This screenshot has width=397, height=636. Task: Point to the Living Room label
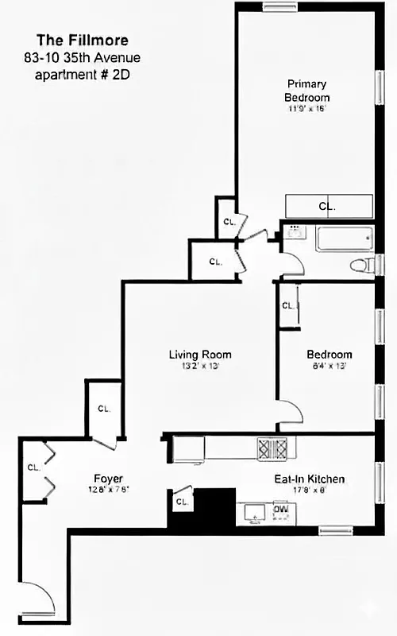200,355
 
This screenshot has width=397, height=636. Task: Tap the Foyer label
107,479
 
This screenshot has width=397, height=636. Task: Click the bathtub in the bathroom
344,238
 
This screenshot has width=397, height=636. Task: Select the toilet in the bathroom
363,264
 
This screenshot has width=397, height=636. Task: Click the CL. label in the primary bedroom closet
327,206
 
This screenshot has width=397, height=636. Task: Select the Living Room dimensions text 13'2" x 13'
200,366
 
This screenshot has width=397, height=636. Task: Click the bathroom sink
294,233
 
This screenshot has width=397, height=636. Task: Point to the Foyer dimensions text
107,490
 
